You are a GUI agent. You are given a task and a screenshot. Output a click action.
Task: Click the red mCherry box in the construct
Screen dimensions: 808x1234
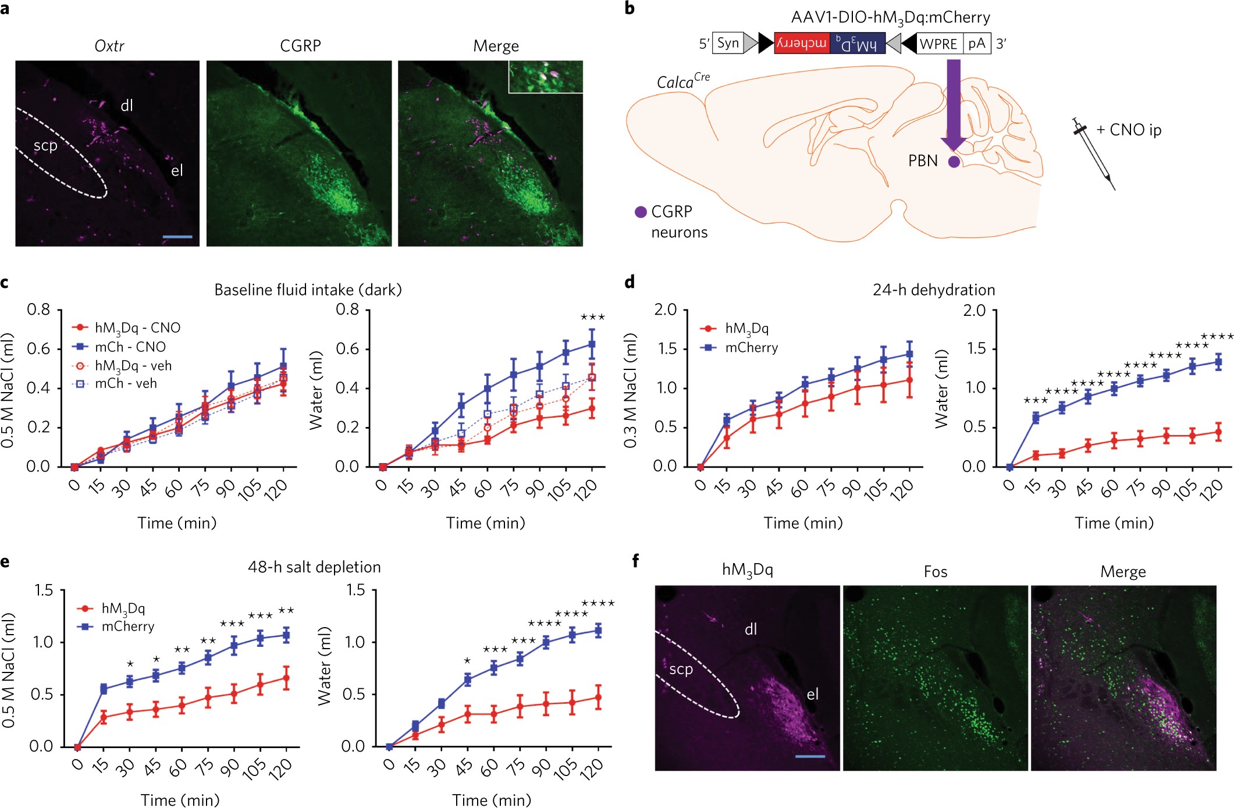(801, 43)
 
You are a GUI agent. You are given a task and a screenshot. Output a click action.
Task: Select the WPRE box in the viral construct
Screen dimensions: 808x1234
(939, 44)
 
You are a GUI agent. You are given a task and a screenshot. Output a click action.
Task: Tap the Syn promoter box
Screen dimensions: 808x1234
(728, 43)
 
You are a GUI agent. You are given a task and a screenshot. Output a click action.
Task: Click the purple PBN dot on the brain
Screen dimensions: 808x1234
(954, 162)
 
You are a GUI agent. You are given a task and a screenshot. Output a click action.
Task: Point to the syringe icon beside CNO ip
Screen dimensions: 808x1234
(1094, 154)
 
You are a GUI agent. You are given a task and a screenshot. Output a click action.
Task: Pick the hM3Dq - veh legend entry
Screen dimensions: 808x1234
(132, 365)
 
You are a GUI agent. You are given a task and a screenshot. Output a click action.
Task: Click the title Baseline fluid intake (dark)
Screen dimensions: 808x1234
(308, 290)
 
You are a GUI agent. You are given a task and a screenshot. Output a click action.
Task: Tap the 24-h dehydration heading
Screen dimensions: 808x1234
(933, 290)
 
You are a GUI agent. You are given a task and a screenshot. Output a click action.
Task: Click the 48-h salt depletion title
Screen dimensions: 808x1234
(314, 567)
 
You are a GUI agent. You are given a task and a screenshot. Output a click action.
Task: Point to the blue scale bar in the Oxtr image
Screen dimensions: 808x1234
(177, 237)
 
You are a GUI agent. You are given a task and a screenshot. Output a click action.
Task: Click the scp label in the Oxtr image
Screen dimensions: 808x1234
(45, 145)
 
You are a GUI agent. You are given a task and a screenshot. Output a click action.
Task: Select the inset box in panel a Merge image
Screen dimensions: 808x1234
(546, 77)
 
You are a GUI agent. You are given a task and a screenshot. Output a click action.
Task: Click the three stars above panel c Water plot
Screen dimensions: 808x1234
(592, 318)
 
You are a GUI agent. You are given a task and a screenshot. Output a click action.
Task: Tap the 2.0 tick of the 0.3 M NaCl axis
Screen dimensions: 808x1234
(666, 310)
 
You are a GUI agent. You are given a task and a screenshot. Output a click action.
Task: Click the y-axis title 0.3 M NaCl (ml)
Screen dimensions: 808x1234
(630, 390)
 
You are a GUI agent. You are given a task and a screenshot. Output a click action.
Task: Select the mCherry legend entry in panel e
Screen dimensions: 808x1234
(127, 627)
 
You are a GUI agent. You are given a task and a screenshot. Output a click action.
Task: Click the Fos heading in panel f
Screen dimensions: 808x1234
(935, 572)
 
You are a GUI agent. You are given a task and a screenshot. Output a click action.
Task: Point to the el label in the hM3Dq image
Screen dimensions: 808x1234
(812, 694)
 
